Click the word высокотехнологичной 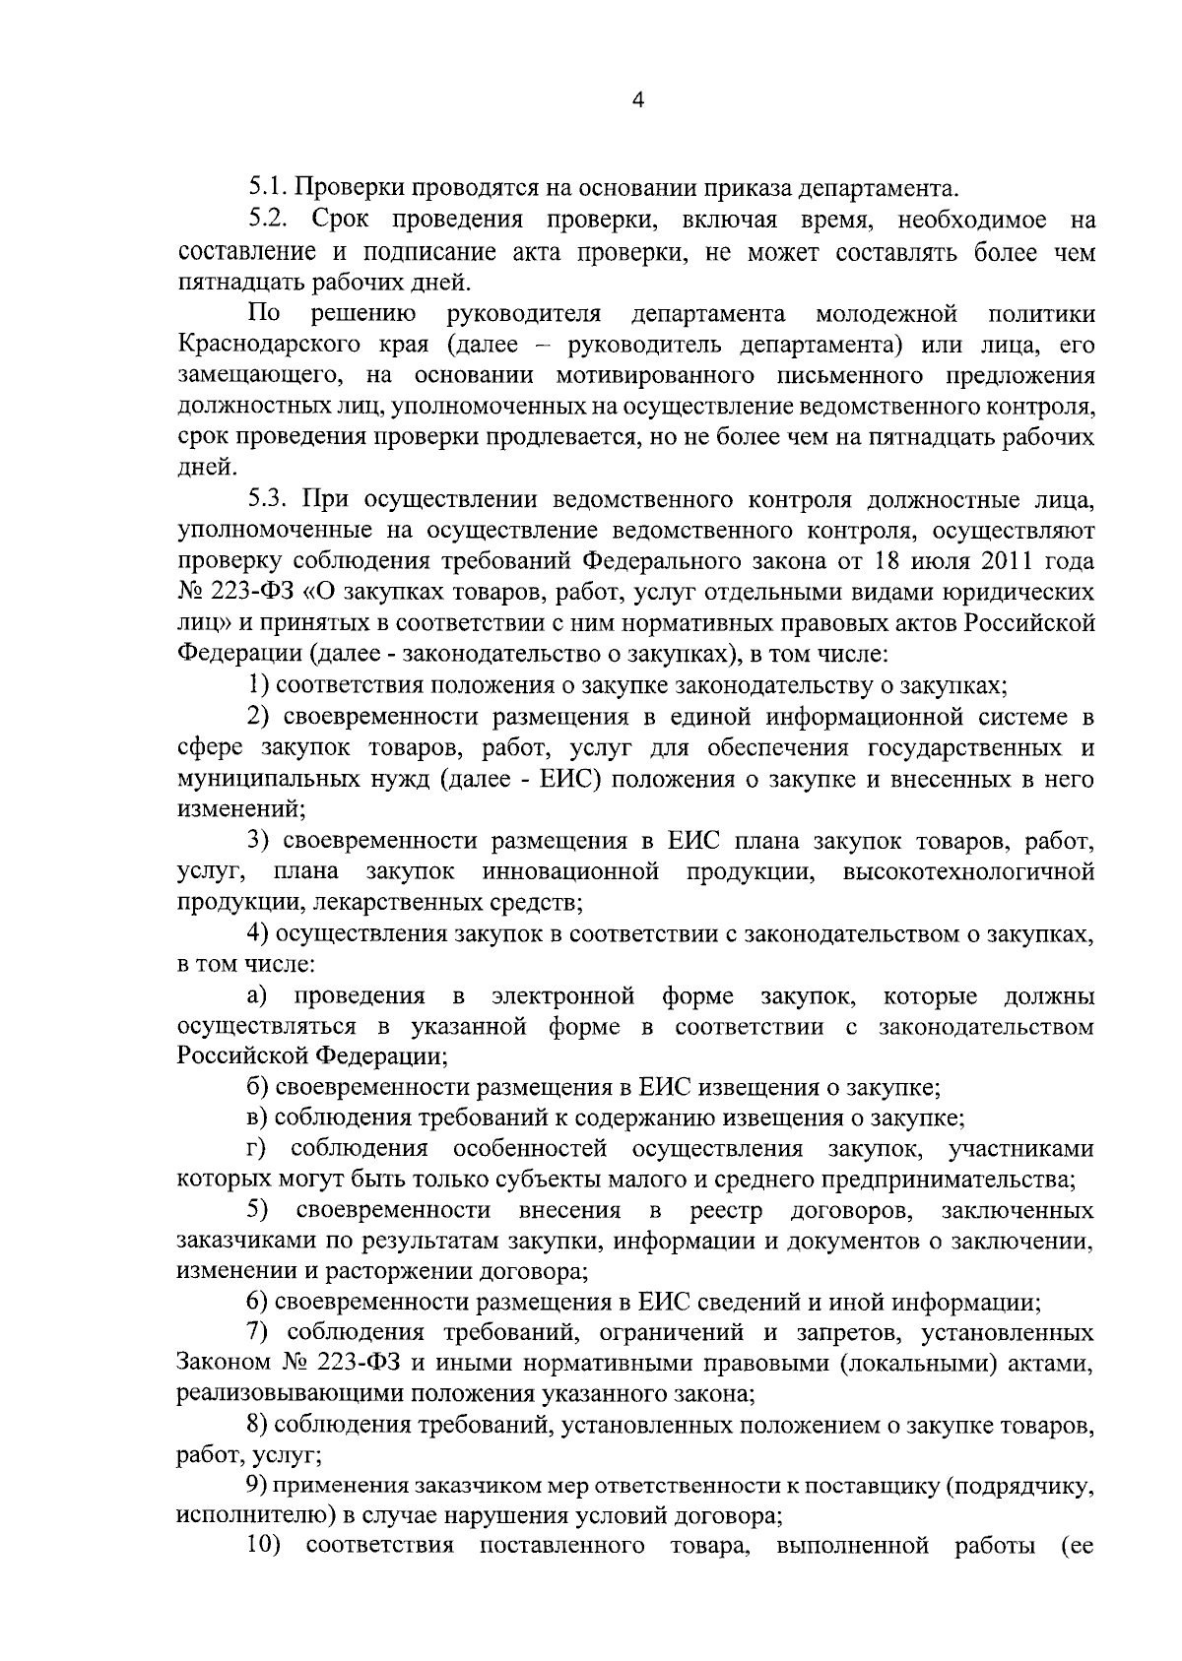(968, 871)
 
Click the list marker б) (258, 1088)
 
